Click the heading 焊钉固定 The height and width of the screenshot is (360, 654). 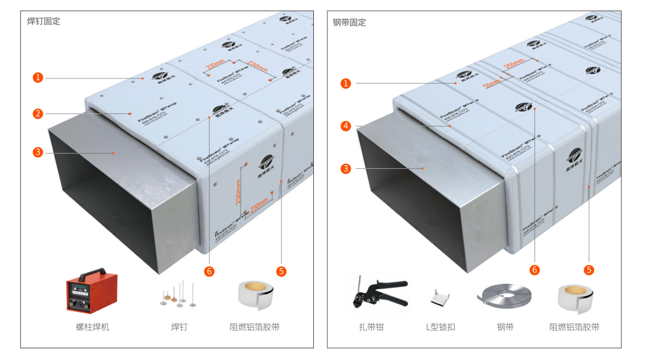43,21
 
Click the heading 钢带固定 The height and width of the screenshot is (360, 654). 349,23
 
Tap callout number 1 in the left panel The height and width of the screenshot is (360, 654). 38,77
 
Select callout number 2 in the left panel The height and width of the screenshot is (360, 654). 38,113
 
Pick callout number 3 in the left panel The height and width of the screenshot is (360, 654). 38,152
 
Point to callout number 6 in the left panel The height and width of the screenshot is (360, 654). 209,272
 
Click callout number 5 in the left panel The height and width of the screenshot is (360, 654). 281,272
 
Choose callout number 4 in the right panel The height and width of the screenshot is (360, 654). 346,126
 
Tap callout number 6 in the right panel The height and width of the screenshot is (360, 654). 535,269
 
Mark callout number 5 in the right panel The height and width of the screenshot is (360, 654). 589,269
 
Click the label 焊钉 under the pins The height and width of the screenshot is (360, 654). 179,327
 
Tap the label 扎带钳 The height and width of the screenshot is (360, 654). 371,327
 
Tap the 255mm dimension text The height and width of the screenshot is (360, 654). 514,64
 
